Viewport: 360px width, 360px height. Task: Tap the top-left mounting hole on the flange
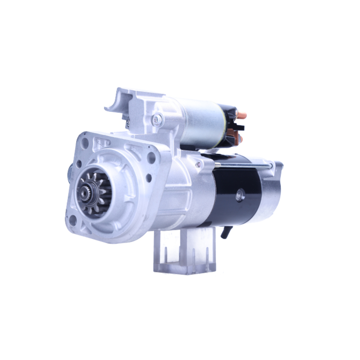coord(85,143)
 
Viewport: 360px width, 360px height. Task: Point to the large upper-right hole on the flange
coord(152,157)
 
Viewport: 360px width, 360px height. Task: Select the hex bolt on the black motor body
coord(240,197)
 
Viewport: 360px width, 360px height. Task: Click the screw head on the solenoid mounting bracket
coord(157,120)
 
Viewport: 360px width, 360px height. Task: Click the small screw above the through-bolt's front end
coord(198,165)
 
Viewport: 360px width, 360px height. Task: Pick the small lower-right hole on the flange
coord(148,177)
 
